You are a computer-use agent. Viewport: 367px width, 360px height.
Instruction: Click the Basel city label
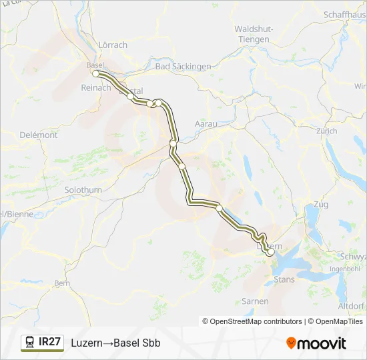coord(95,65)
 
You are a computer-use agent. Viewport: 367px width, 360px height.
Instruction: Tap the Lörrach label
coord(112,45)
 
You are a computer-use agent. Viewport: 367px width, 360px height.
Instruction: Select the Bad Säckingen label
coord(183,66)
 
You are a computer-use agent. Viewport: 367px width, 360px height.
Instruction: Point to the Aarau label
coord(206,124)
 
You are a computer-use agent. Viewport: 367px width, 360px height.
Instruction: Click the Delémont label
coord(39,135)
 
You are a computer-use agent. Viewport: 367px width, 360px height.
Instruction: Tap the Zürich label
coord(327,131)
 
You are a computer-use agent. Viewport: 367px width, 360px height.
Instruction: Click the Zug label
coord(320,204)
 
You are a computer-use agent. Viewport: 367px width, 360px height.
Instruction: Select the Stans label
coord(284,279)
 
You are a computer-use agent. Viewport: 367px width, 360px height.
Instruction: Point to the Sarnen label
coord(255,301)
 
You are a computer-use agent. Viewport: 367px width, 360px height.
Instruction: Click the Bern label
coord(61,283)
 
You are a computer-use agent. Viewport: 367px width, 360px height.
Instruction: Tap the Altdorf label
coord(351,305)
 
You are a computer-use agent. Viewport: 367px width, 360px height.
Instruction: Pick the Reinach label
coord(95,87)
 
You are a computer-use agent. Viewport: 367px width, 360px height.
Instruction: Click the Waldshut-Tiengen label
coord(252,34)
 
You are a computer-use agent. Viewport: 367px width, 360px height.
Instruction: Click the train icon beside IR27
coord(30,342)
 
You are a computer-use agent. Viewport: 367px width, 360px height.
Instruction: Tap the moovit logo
coord(316,343)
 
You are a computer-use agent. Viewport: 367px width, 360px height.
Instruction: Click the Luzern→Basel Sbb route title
coord(115,343)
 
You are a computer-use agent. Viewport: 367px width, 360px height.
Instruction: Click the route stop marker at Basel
coord(96,73)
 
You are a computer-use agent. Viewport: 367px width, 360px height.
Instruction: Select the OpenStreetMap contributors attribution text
coord(252,321)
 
